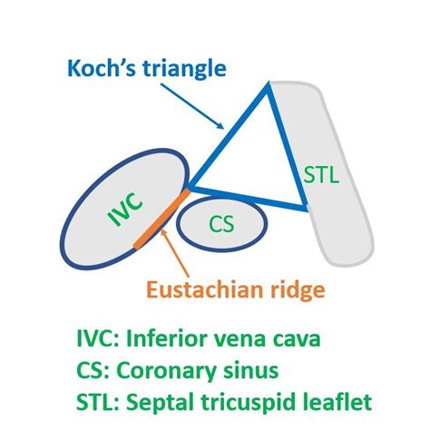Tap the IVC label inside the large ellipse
point(125,210)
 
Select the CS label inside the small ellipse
point(221,224)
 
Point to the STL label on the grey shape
point(321,174)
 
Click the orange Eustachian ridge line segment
point(162,219)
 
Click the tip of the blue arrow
point(224,130)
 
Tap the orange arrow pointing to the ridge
point(175,253)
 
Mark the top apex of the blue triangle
point(268,83)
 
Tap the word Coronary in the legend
point(166,372)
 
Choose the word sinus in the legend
point(251,370)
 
